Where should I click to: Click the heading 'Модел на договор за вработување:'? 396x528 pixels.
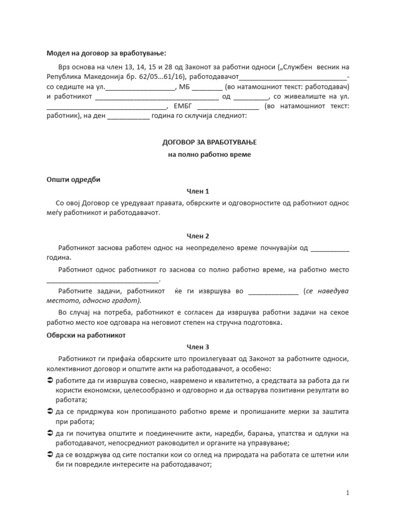click(x=106, y=53)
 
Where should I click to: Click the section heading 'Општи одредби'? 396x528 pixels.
click(x=73, y=180)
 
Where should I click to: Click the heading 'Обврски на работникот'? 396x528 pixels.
click(x=86, y=335)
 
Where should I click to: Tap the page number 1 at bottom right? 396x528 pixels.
click(x=348, y=493)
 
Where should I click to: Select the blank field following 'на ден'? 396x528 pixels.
click(x=128, y=117)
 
